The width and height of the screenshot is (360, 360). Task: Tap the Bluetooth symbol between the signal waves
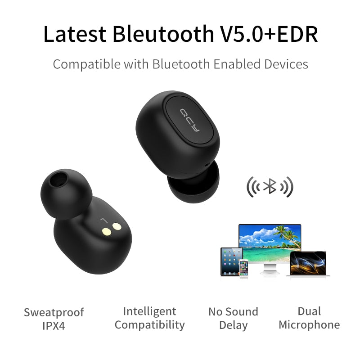click(270, 186)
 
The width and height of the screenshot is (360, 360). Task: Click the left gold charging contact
click(107, 231)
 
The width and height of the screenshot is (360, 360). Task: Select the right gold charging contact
click(117, 227)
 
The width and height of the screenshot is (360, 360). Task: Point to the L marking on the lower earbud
click(104, 220)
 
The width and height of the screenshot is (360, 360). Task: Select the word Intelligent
click(149, 311)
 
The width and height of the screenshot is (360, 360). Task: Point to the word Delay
click(233, 325)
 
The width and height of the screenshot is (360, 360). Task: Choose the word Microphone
click(309, 324)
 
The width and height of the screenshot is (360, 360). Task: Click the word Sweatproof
click(54, 312)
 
